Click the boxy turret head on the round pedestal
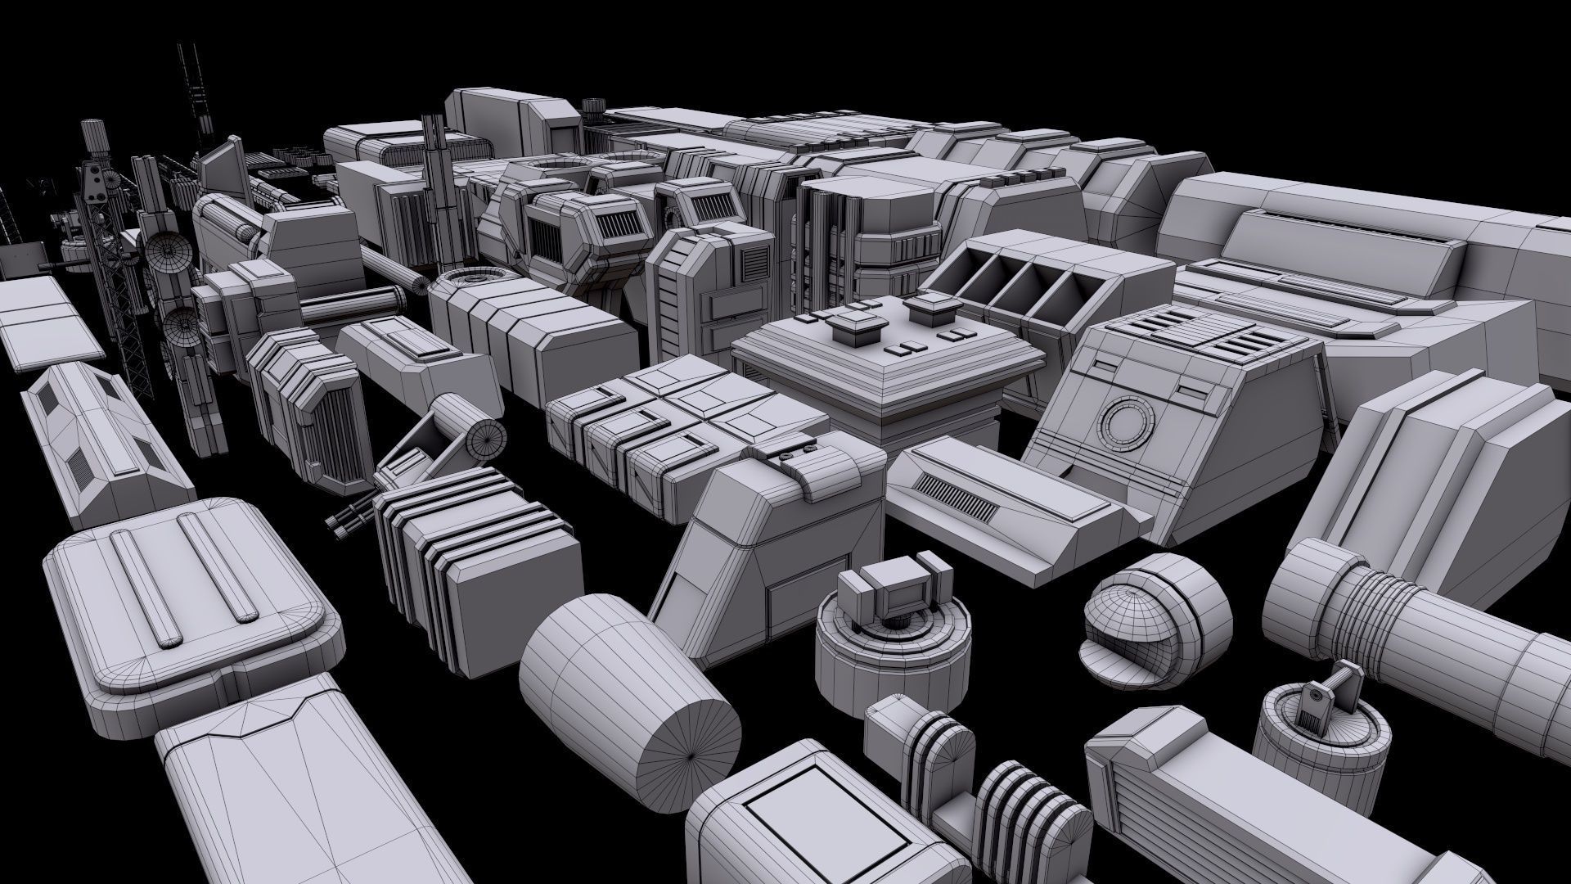click(894, 589)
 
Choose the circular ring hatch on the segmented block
click(466, 282)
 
